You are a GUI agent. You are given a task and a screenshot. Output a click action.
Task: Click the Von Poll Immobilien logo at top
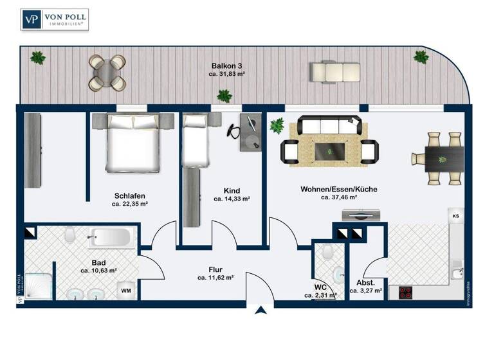tap(55, 19)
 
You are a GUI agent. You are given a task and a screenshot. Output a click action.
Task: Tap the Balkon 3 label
tap(227, 66)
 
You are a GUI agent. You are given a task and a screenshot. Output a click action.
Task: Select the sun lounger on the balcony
tap(333, 70)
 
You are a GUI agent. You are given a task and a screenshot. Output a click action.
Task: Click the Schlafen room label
tap(129, 195)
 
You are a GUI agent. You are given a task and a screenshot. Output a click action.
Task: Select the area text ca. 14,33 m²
tap(232, 199)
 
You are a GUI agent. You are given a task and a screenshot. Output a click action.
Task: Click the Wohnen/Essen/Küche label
tap(338, 189)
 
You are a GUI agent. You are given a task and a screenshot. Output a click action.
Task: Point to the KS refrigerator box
tap(456, 216)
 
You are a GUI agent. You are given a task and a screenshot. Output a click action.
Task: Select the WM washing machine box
tap(127, 291)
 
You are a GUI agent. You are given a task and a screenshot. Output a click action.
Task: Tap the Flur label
tap(215, 269)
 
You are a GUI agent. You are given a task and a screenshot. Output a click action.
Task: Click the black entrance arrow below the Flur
tap(261, 312)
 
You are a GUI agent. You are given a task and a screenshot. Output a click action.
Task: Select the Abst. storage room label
tap(365, 282)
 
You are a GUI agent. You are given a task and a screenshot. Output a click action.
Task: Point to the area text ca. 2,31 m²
tap(322, 295)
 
